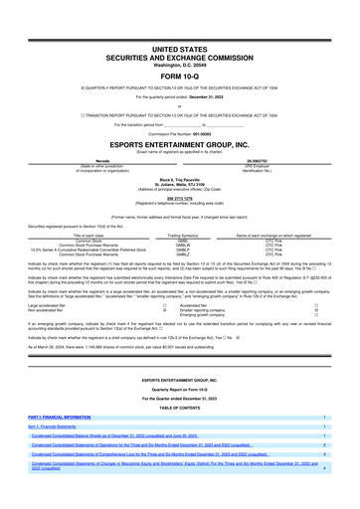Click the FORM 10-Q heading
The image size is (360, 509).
180,76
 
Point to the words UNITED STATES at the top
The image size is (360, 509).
180,48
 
